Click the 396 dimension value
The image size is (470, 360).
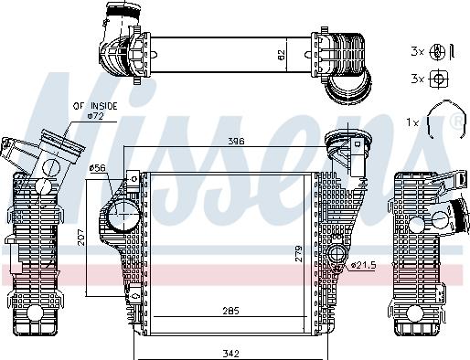[x=237, y=141]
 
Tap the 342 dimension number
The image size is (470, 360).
[x=230, y=354]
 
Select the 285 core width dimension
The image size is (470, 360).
[x=230, y=311]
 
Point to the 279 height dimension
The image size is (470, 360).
[x=298, y=254]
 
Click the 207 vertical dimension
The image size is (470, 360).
[x=81, y=238]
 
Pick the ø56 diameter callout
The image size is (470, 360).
[x=97, y=168]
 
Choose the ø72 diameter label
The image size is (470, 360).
[x=95, y=116]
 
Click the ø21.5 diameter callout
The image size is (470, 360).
[x=363, y=265]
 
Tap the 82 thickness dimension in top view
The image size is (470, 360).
[x=282, y=55]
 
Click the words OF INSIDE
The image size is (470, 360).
[x=95, y=106]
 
